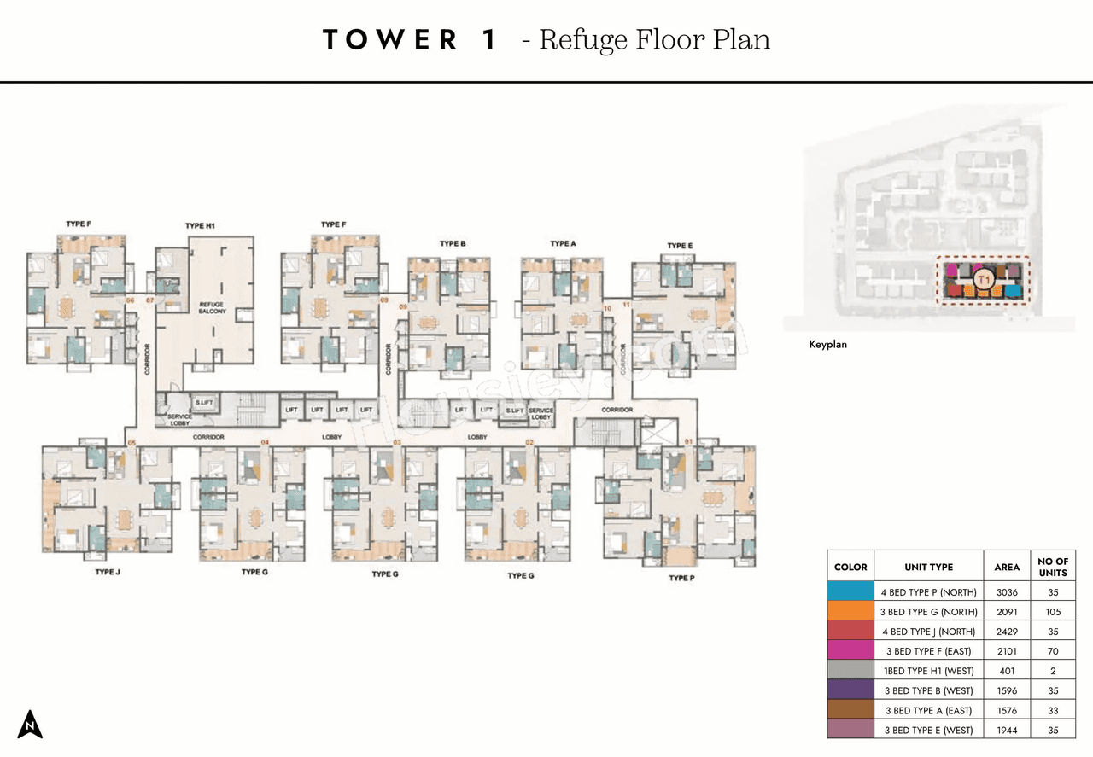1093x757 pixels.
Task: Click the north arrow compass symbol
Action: [30, 724]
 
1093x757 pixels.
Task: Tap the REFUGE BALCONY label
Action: [212, 307]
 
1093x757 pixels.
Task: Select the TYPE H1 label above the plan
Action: [200, 226]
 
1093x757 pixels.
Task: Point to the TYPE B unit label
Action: [453, 244]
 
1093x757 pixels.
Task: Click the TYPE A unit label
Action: [563, 244]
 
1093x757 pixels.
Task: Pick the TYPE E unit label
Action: [680, 246]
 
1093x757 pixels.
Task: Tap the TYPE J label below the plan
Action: [107, 572]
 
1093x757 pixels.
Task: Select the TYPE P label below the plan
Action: [681, 578]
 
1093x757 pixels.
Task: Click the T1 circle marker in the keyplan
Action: [983, 279]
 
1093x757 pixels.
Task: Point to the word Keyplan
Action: [827, 345]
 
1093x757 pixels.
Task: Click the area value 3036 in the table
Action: [1007, 592]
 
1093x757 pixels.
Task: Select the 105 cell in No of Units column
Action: [1053, 612]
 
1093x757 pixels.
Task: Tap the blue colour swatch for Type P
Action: [850, 592]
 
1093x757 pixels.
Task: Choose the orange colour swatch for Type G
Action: [850, 612]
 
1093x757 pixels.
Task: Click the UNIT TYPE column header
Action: [928, 567]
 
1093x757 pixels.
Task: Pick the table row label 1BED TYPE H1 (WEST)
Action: [928, 671]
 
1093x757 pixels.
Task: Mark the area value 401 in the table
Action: [1007, 671]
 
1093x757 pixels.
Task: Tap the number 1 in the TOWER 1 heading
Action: [488, 40]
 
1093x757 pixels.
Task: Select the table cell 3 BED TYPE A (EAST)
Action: [928, 710]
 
